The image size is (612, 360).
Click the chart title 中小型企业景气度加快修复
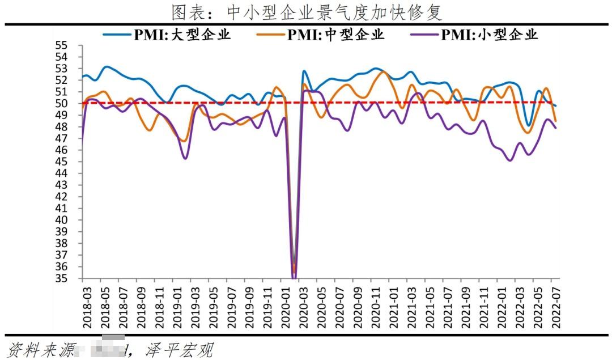point(307,11)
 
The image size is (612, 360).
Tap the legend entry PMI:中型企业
point(335,35)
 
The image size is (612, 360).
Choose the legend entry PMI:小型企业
point(488,35)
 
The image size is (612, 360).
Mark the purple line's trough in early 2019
point(185,158)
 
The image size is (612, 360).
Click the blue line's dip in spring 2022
point(528,125)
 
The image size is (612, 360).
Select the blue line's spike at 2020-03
point(304,71)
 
